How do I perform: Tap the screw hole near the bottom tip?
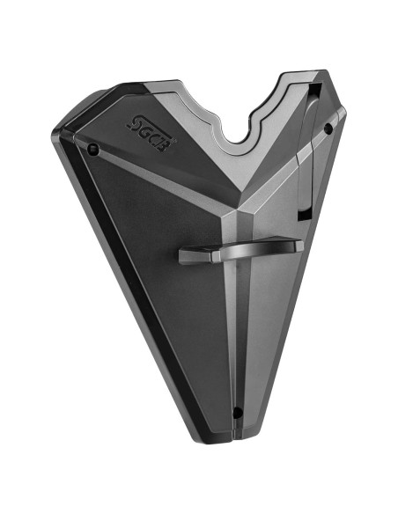point(236,412)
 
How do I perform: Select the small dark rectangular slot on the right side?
point(303,214)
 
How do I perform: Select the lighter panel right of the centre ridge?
point(264,308)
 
